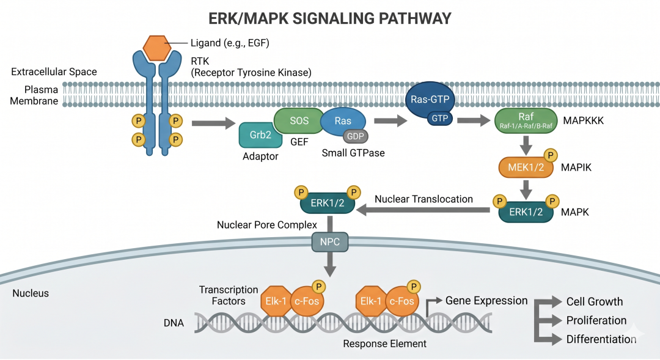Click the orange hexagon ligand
[156, 48]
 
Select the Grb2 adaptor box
[260, 134]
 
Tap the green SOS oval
[299, 121]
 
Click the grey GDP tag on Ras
[355, 136]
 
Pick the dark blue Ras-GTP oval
[430, 100]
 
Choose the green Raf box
[526, 120]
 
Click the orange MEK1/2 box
[526, 167]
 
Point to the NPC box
[329, 242]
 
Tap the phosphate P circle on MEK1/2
[550, 155]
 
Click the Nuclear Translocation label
[424, 199]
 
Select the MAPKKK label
[583, 121]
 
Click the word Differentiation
[601, 339]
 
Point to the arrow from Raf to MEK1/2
[526, 145]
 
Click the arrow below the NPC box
[329, 265]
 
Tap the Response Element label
[384, 343]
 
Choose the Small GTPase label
[353, 153]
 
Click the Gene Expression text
[486, 301]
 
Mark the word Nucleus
[31, 293]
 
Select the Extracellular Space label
[54, 72]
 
